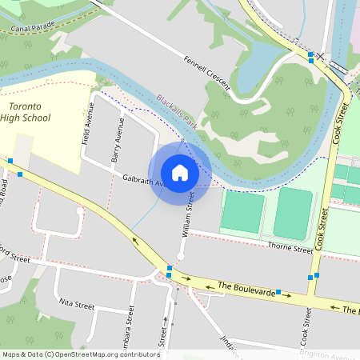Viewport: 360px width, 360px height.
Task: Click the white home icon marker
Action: (x=180, y=173)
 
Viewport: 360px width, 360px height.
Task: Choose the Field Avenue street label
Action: (x=87, y=123)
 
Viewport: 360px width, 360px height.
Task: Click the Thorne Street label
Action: (x=290, y=249)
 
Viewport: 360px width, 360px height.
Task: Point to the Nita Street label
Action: (x=78, y=305)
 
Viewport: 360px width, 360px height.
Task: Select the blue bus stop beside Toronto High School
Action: (x=10, y=161)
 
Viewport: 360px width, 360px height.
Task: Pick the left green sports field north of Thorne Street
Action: (x=242, y=212)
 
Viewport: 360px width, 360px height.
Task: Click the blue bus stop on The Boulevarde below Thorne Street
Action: (x=278, y=292)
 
